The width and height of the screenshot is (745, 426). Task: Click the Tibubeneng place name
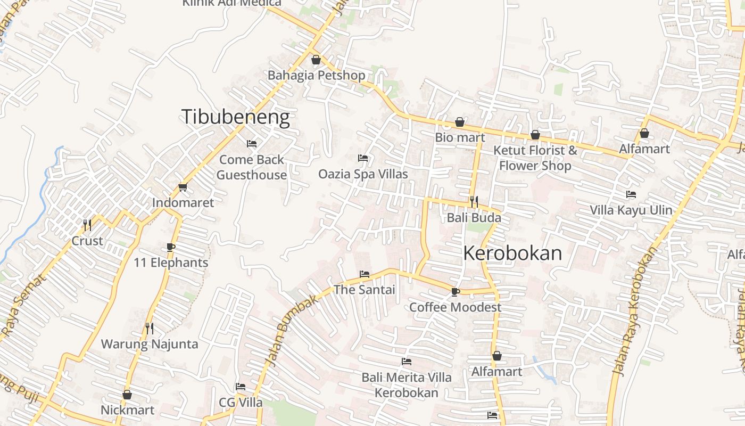point(236,117)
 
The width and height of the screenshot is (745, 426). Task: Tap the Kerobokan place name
point(512,253)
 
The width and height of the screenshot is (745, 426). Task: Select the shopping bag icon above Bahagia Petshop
point(316,60)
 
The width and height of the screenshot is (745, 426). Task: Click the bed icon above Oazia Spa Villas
point(363,158)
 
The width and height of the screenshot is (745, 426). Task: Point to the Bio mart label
point(460,137)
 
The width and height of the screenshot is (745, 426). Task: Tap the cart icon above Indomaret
point(183,187)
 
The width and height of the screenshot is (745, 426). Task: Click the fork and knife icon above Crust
point(87,225)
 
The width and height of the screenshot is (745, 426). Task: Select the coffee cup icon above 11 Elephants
point(170,247)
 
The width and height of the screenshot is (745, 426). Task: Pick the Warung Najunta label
point(150,344)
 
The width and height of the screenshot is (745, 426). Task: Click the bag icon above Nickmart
point(127,395)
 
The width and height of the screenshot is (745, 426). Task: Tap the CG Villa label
point(241,402)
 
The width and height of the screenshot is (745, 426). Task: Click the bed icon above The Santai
point(365,274)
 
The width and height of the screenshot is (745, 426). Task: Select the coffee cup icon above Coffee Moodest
point(455,292)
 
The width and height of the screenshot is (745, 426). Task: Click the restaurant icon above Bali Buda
point(474,202)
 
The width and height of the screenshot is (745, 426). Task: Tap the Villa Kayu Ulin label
point(631,210)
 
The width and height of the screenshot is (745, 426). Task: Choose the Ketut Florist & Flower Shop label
point(535,158)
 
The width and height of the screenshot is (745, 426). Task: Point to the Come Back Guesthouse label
point(252,167)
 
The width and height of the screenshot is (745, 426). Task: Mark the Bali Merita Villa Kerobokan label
point(407,385)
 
